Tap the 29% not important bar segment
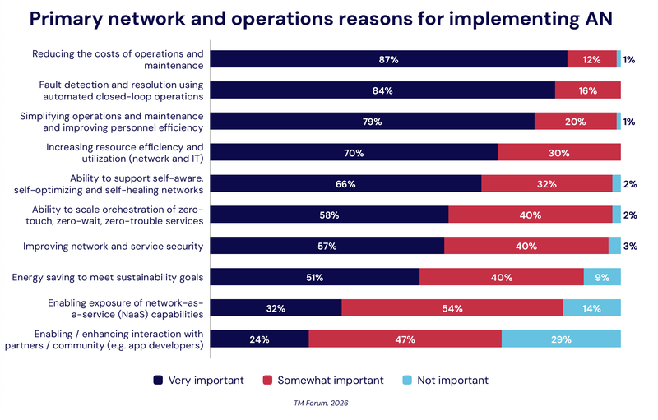561,339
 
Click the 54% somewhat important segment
452,308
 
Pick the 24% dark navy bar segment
260,339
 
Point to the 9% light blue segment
602,277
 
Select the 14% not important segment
592,308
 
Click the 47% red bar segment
405,339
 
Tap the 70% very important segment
354,152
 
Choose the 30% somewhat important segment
559,152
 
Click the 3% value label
629,246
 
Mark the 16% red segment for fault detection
587,90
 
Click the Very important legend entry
198,380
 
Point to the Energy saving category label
107,277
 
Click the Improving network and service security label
113,246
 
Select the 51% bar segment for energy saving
315,277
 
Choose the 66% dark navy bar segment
346,183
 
